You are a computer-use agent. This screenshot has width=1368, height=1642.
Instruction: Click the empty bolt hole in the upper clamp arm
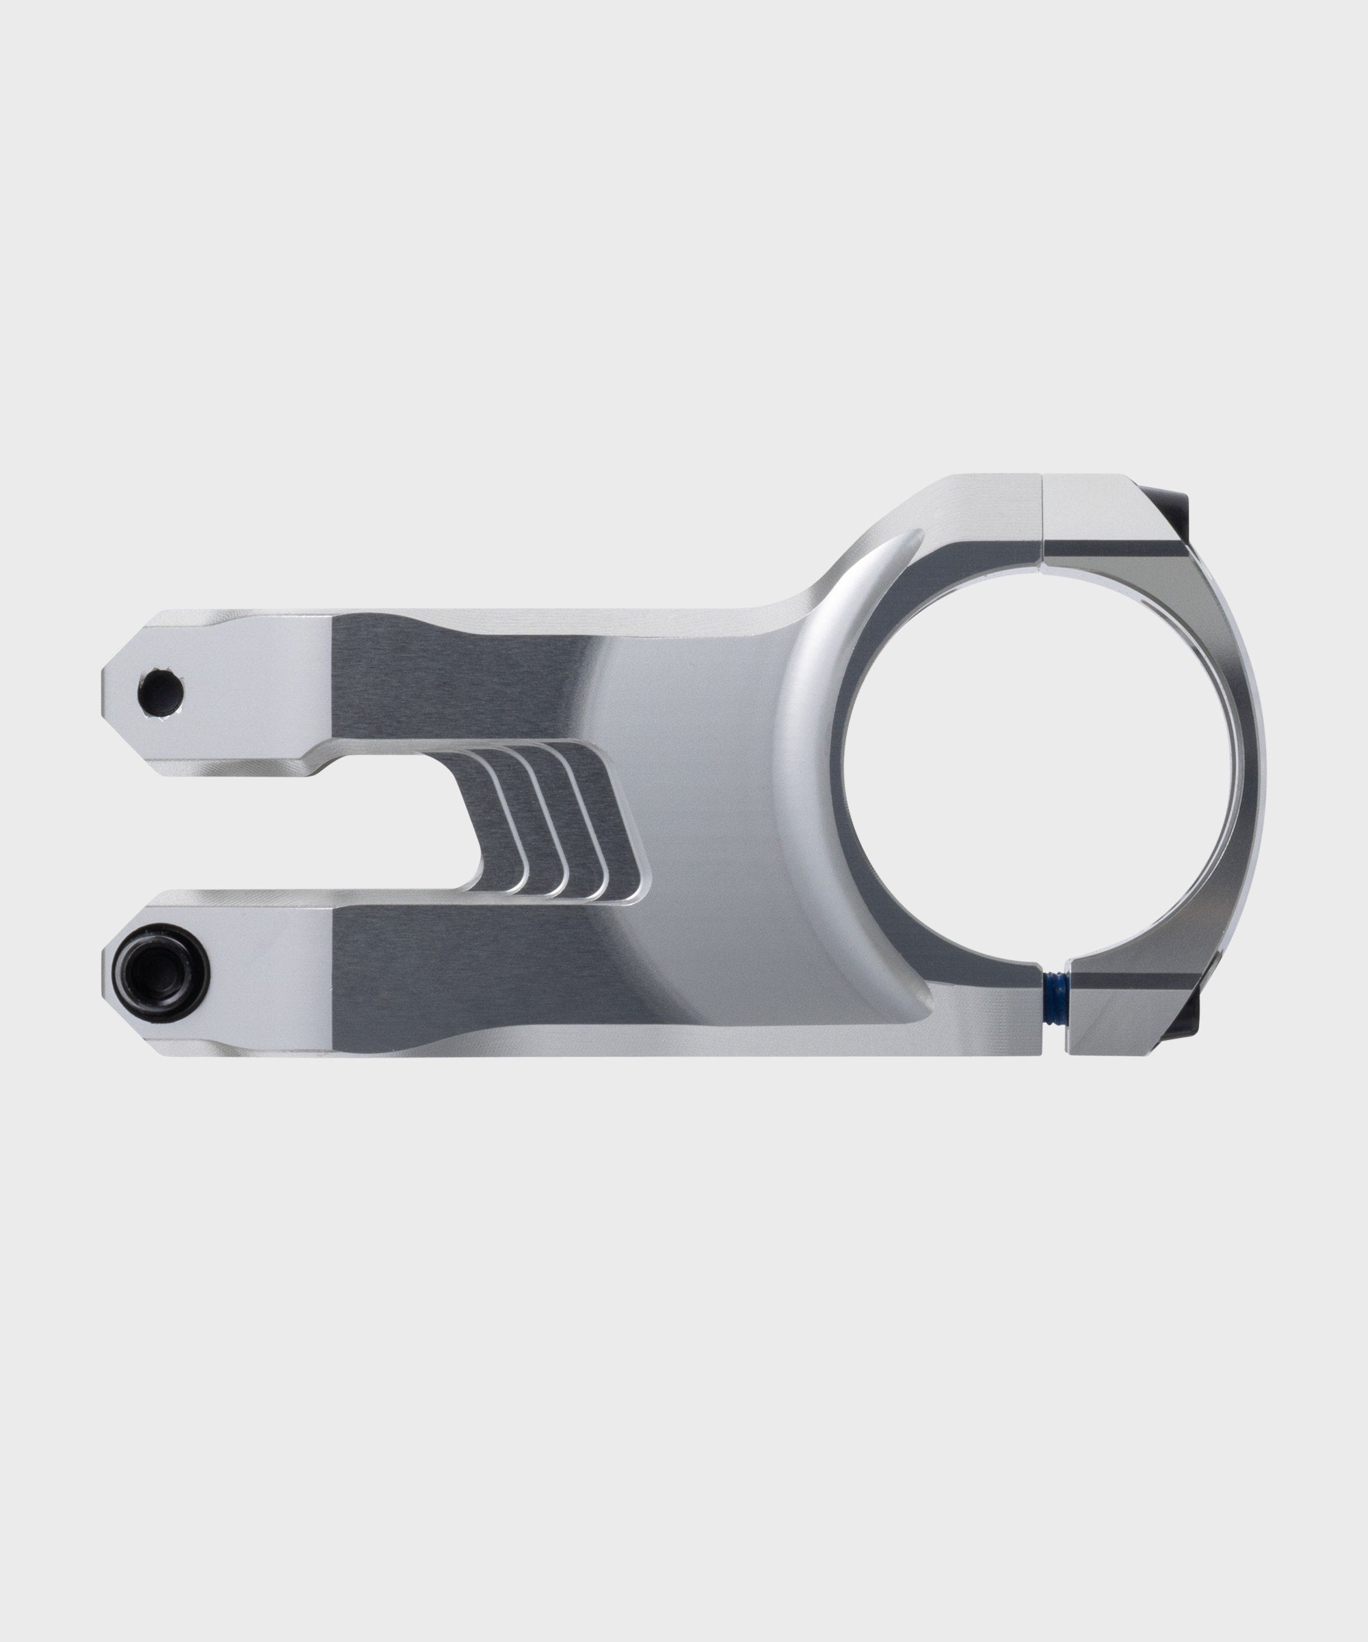pos(160,692)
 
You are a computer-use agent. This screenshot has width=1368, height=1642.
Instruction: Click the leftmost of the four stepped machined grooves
pos(500,821)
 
